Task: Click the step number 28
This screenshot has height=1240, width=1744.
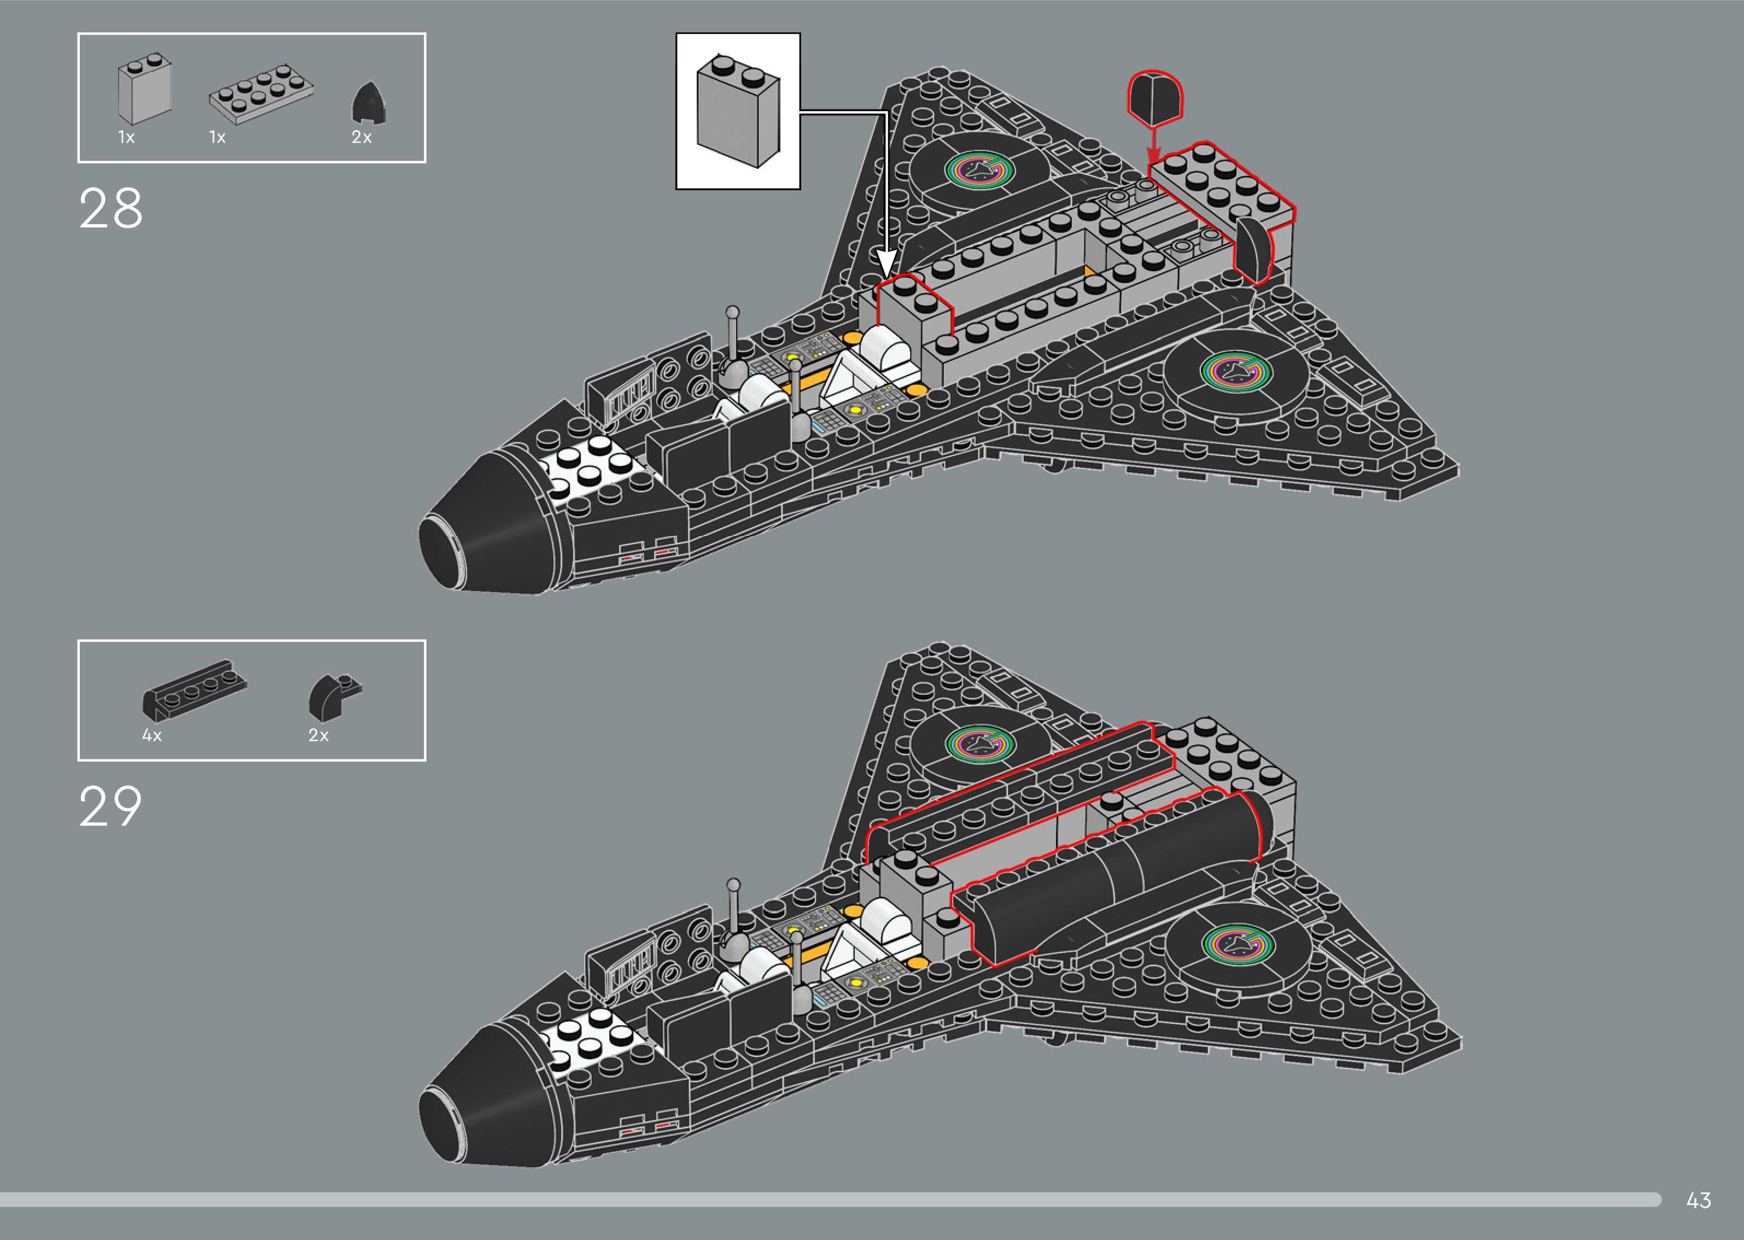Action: click(110, 208)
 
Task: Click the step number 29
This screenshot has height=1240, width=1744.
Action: click(110, 807)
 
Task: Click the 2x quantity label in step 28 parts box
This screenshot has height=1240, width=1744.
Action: click(361, 137)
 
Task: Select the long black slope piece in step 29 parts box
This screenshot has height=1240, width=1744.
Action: click(194, 689)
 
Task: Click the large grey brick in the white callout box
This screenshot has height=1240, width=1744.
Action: click(738, 110)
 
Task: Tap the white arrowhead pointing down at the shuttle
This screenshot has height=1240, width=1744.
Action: click(886, 264)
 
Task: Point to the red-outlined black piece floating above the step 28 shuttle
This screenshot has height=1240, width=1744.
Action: click(1154, 98)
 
